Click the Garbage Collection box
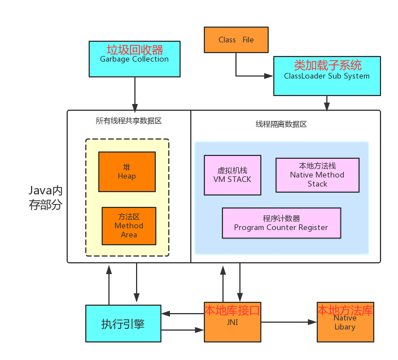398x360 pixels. point(134,59)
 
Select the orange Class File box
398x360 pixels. point(236,40)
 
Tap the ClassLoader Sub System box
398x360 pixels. point(326,76)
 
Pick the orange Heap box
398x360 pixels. point(126,172)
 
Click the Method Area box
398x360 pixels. point(129,225)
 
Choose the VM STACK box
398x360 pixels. point(232,175)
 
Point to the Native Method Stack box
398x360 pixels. point(317,175)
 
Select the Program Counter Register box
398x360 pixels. point(281,223)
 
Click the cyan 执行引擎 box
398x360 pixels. point(123,324)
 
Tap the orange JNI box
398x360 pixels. point(232,323)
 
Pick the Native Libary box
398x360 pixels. point(345,323)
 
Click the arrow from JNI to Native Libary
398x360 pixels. point(288,322)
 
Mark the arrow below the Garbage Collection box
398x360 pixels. point(135,93)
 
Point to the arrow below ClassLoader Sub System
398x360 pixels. point(327,103)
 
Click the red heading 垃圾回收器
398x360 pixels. point(134,49)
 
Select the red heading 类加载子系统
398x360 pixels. point(327,65)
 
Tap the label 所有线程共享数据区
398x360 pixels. point(129,121)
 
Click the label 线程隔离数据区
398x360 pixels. point(281,124)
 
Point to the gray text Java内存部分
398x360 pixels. point(46,197)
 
